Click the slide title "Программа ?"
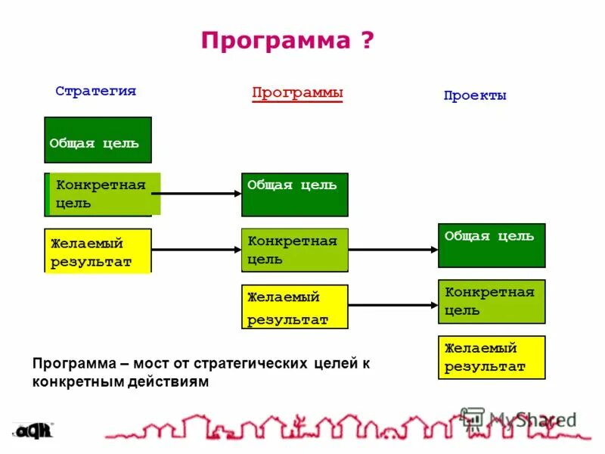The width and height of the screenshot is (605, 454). pos(287,40)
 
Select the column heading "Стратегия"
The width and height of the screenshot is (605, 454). pos(95,91)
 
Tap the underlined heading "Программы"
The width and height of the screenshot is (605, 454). pos(297,92)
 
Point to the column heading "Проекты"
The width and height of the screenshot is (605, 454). pos(475,96)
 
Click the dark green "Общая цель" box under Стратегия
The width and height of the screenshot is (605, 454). pos(98,140)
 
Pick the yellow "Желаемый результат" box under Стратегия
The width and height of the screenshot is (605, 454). pos(98,250)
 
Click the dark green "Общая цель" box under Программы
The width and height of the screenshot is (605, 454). pos(295,194)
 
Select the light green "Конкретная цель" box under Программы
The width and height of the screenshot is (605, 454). pos(295,250)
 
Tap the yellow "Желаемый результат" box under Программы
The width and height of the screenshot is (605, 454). pos(295,306)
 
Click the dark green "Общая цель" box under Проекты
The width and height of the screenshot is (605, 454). pos(492,245)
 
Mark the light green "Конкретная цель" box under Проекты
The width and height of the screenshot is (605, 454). pos(492,301)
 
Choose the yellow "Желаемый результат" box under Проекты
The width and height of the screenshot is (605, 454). pos(492,357)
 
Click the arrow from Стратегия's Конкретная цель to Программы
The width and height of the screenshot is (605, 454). pos(200,194)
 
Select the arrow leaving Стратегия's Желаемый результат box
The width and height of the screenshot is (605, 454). pos(197,250)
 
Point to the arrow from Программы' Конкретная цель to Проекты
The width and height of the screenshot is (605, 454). pos(393,250)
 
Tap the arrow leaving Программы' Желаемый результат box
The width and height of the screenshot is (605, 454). pos(393,306)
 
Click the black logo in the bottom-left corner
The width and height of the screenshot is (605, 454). pos(33,431)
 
